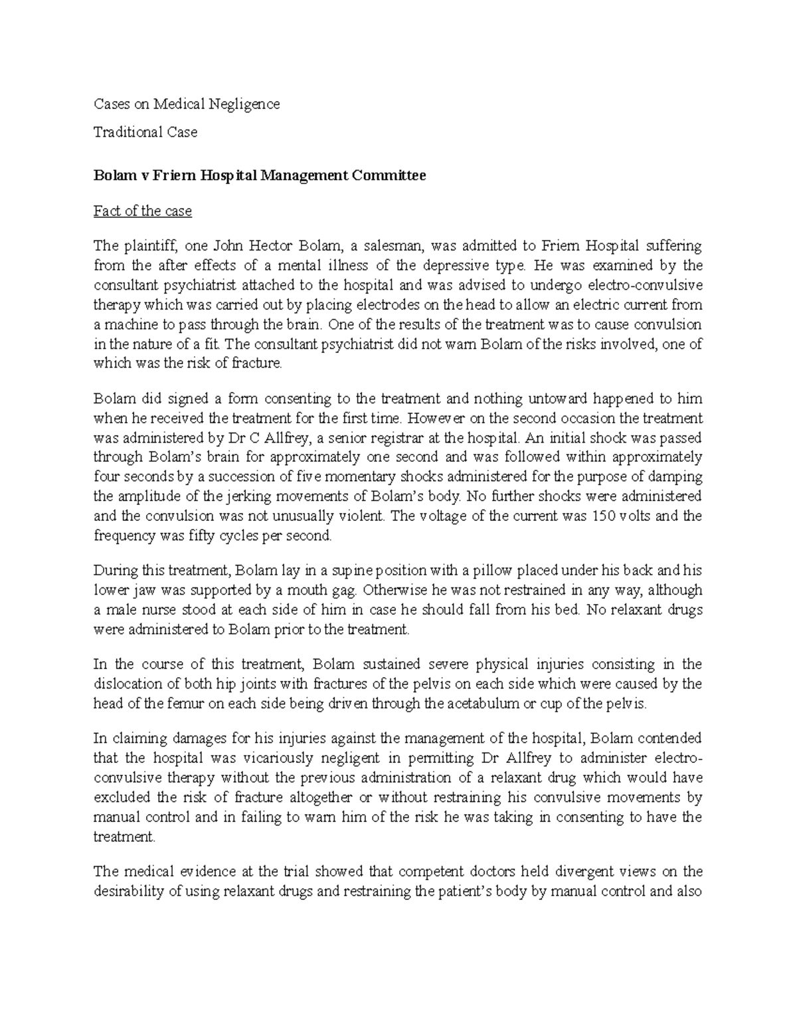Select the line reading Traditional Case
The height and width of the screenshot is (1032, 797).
click(x=145, y=132)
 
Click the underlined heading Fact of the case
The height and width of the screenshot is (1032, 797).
click(x=143, y=211)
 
